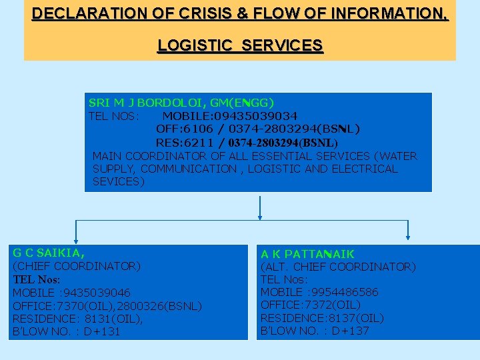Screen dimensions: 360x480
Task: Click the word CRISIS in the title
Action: tap(199, 13)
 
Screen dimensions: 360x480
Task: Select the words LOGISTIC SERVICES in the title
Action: tap(240, 45)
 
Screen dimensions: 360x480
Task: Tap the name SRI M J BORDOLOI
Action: tap(147, 103)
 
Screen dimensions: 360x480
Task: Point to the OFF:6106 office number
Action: tap(179, 129)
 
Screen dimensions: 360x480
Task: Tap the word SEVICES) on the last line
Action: tap(118, 181)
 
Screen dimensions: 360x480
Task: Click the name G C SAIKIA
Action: tap(48, 253)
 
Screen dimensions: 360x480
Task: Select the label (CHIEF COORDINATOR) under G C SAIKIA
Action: tap(77, 266)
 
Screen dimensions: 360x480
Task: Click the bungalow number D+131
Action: tap(103, 331)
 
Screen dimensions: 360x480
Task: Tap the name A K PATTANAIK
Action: tap(307, 254)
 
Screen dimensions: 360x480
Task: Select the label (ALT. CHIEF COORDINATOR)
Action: tap(337, 267)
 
